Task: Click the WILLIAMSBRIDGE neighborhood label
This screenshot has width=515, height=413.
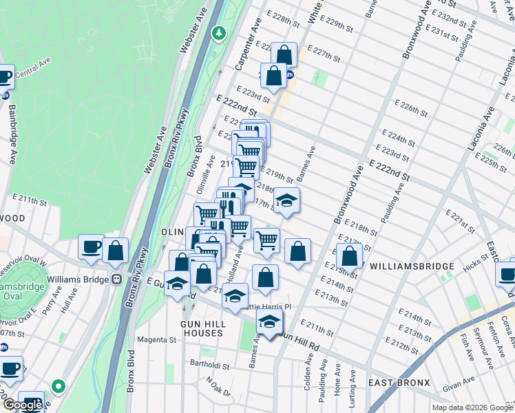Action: tap(412, 266)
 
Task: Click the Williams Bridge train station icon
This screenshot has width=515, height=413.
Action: tap(117, 279)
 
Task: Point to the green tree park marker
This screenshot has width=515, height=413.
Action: tap(219, 32)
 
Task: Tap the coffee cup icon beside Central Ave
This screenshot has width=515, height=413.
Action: tap(4, 76)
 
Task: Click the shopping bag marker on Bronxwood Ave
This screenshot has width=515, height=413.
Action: tap(350, 256)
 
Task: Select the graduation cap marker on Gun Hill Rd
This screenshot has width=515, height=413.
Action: tap(270, 321)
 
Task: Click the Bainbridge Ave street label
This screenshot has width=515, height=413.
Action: tap(11, 142)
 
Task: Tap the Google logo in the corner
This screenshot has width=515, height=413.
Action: tap(23, 405)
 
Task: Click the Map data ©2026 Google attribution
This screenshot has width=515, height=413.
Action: tap(472, 407)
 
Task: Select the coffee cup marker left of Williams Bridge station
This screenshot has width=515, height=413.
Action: tap(90, 248)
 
